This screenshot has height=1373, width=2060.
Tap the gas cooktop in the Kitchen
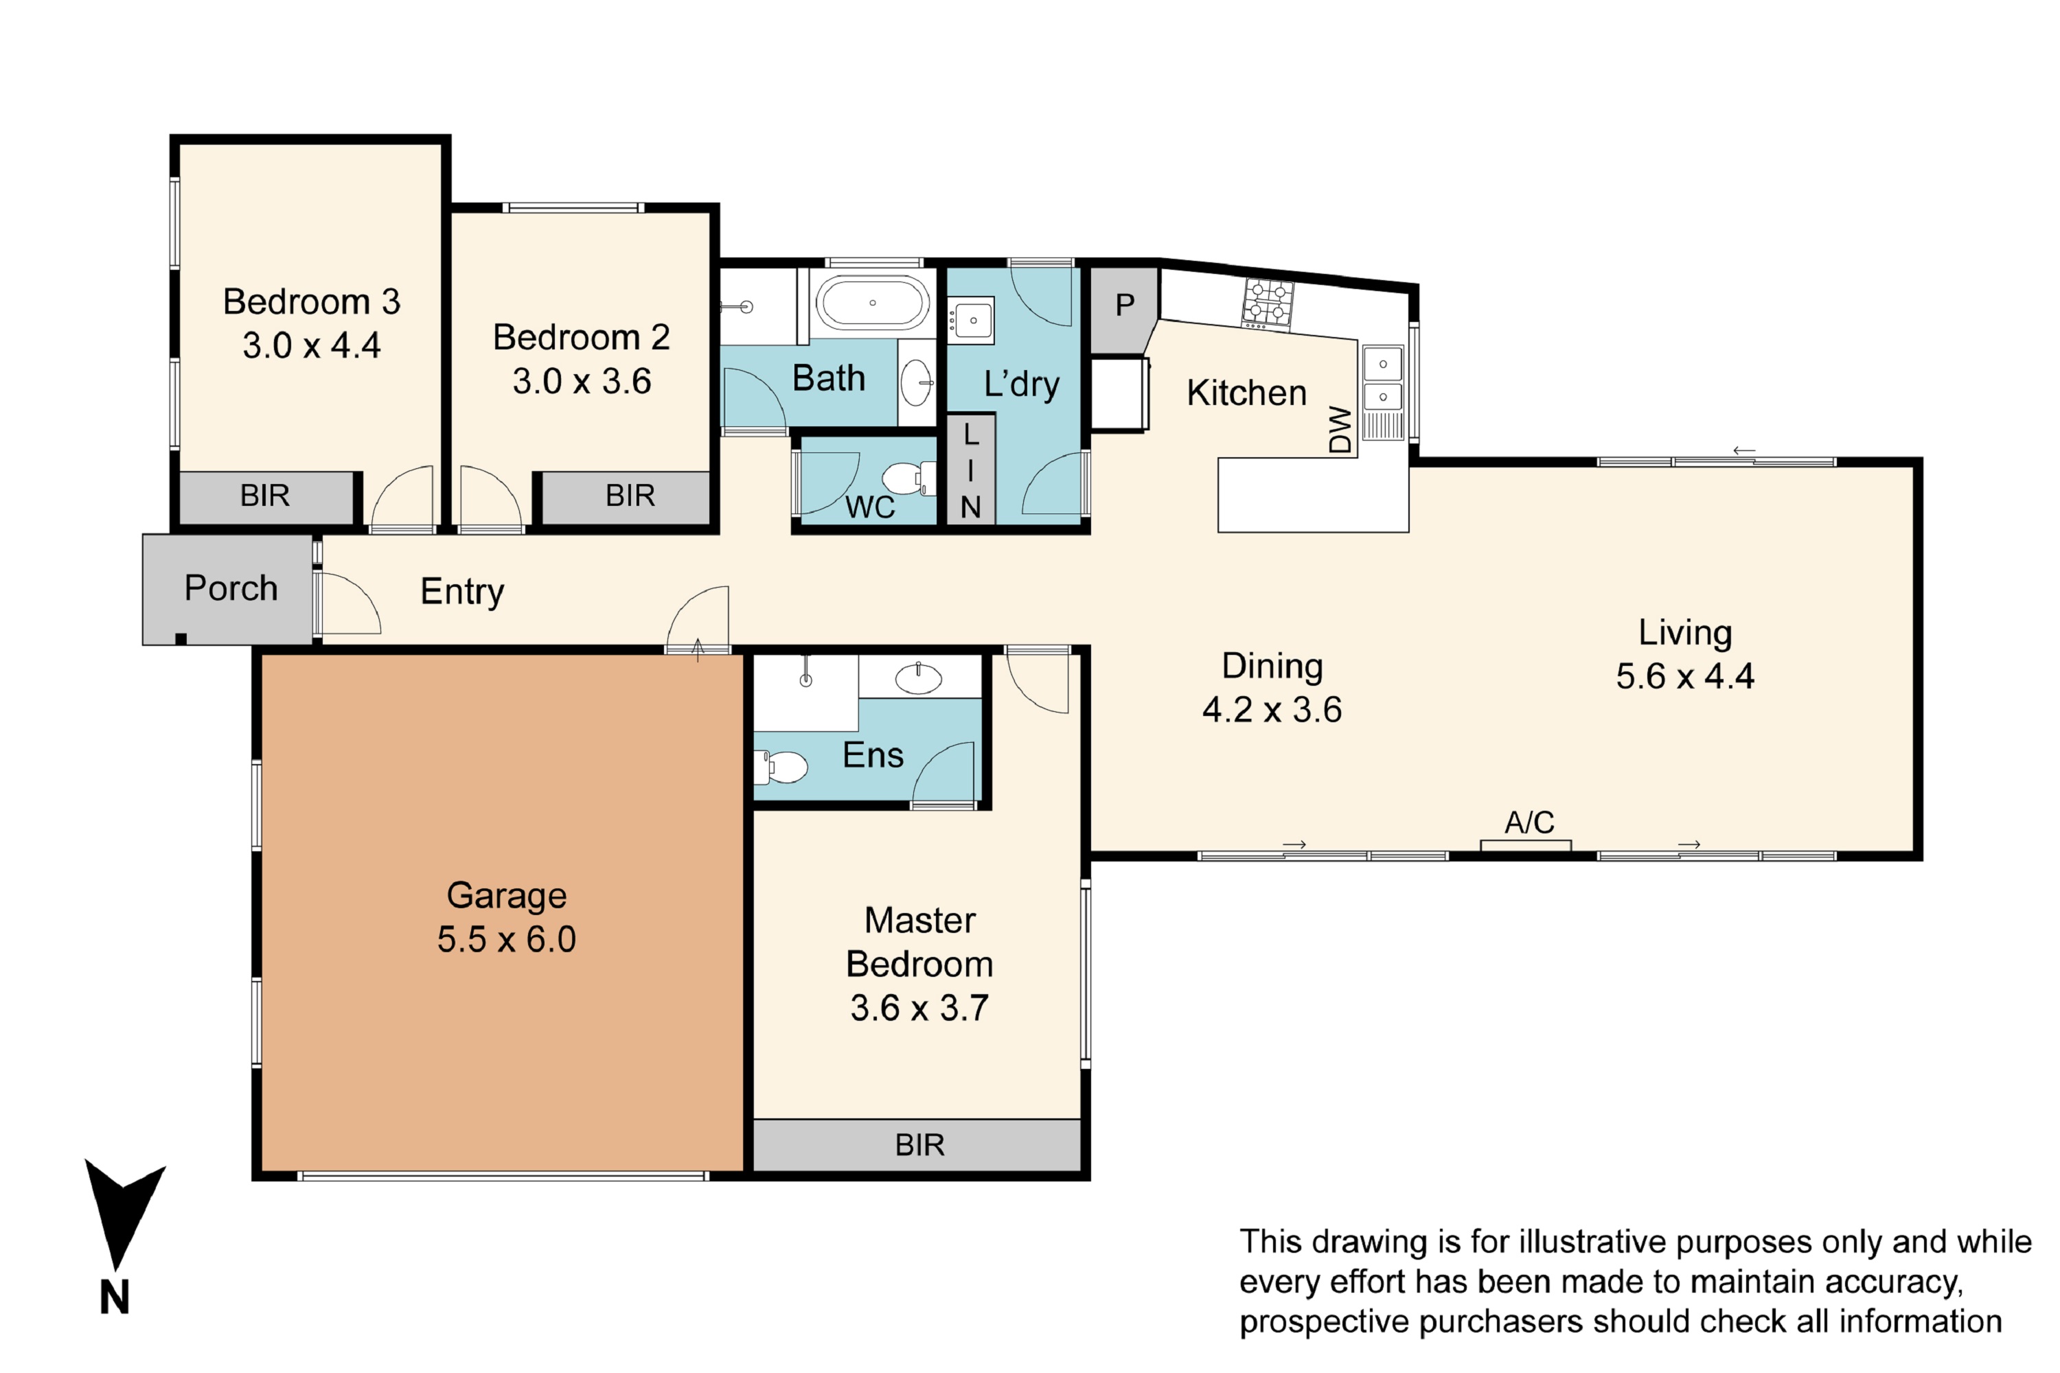[x=1268, y=304]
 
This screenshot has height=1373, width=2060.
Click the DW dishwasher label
[x=1341, y=429]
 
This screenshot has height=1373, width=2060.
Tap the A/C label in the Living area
[x=1529, y=822]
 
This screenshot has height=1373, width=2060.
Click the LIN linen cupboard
[x=970, y=470]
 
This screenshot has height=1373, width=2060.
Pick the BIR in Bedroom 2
[x=626, y=496]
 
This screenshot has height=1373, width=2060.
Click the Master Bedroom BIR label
[x=919, y=1145]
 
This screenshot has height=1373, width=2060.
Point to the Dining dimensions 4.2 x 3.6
[x=1272, y=710]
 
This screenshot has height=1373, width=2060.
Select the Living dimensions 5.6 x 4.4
[x=1685, y=677]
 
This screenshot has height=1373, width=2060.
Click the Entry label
[x=462, y=592]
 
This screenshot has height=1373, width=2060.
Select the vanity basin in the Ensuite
[x=918, y=678]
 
